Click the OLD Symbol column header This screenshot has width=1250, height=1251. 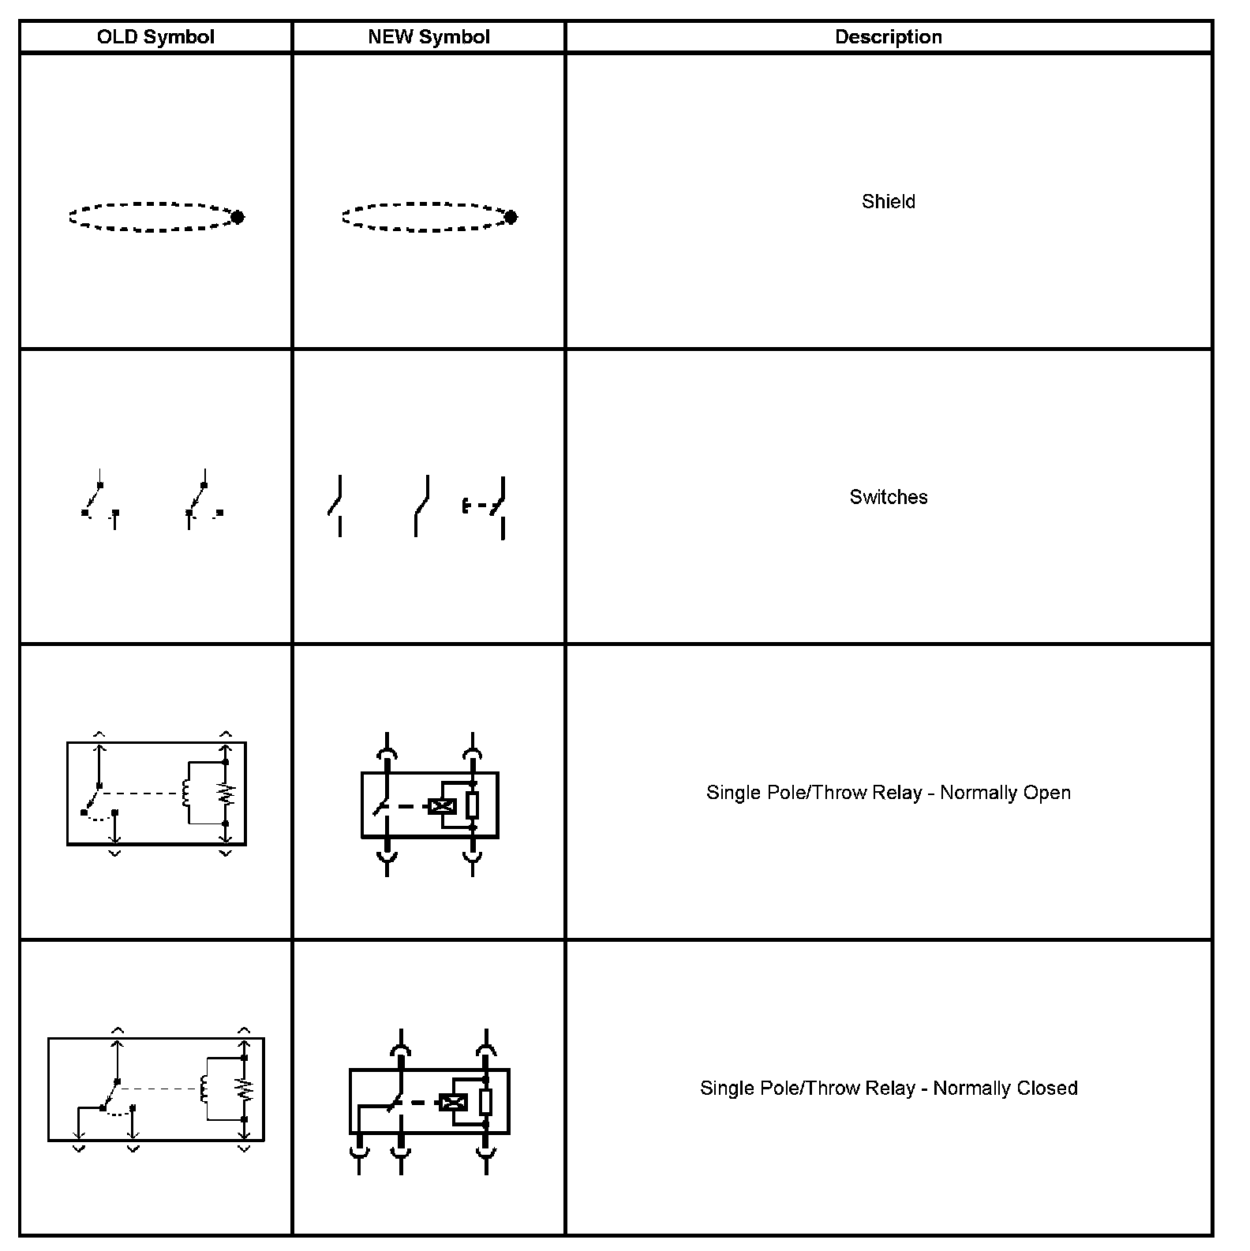coord(155,37)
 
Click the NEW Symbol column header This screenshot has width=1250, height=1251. coord(429,37)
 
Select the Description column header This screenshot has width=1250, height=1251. coord(888,37)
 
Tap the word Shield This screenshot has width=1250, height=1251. coord(888,201)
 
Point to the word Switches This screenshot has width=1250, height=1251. coord(888,497)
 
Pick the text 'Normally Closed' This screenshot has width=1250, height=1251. coord(1005,1089)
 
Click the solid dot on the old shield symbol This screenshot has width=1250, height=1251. coord(237,217)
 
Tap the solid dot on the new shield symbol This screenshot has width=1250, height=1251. coord(511,217)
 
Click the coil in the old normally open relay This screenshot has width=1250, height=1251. coord(186,793)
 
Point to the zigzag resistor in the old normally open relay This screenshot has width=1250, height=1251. coord(228,794)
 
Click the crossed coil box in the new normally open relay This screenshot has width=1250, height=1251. coord(442,806)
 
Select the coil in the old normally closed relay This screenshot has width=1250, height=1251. coord(204,1089)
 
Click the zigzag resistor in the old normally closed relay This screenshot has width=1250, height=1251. coord(245,1089)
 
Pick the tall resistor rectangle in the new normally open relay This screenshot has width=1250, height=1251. coord(472,805)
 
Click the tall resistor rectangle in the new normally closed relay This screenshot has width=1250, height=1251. coord(485,1101)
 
